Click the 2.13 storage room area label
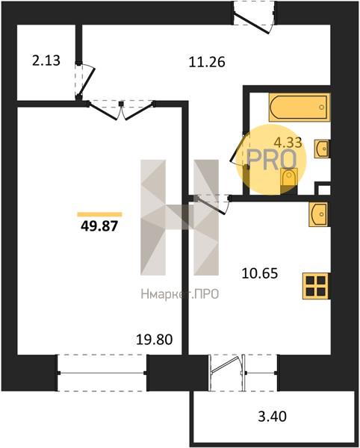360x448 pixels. point(46,60)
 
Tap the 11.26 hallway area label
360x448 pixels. point(207,62)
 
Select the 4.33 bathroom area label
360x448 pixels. point(288,142)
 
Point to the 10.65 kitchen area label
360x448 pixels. point(260,273)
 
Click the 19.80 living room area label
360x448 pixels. point(155,340)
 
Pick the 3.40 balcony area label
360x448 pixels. point(272,417)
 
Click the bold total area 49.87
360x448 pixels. point(99,226)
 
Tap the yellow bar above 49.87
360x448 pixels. point(100,214)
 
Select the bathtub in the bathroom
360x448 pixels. point(300,107)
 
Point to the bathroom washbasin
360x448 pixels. point(323,149)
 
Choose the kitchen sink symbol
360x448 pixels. point(319,214)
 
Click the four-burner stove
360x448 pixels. point(316,286)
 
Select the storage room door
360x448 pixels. point(84,81)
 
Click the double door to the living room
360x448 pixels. point(121,110)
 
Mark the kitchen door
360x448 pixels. point(212,203)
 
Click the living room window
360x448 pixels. point(102,373)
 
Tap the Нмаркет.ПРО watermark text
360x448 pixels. point(180,293)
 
